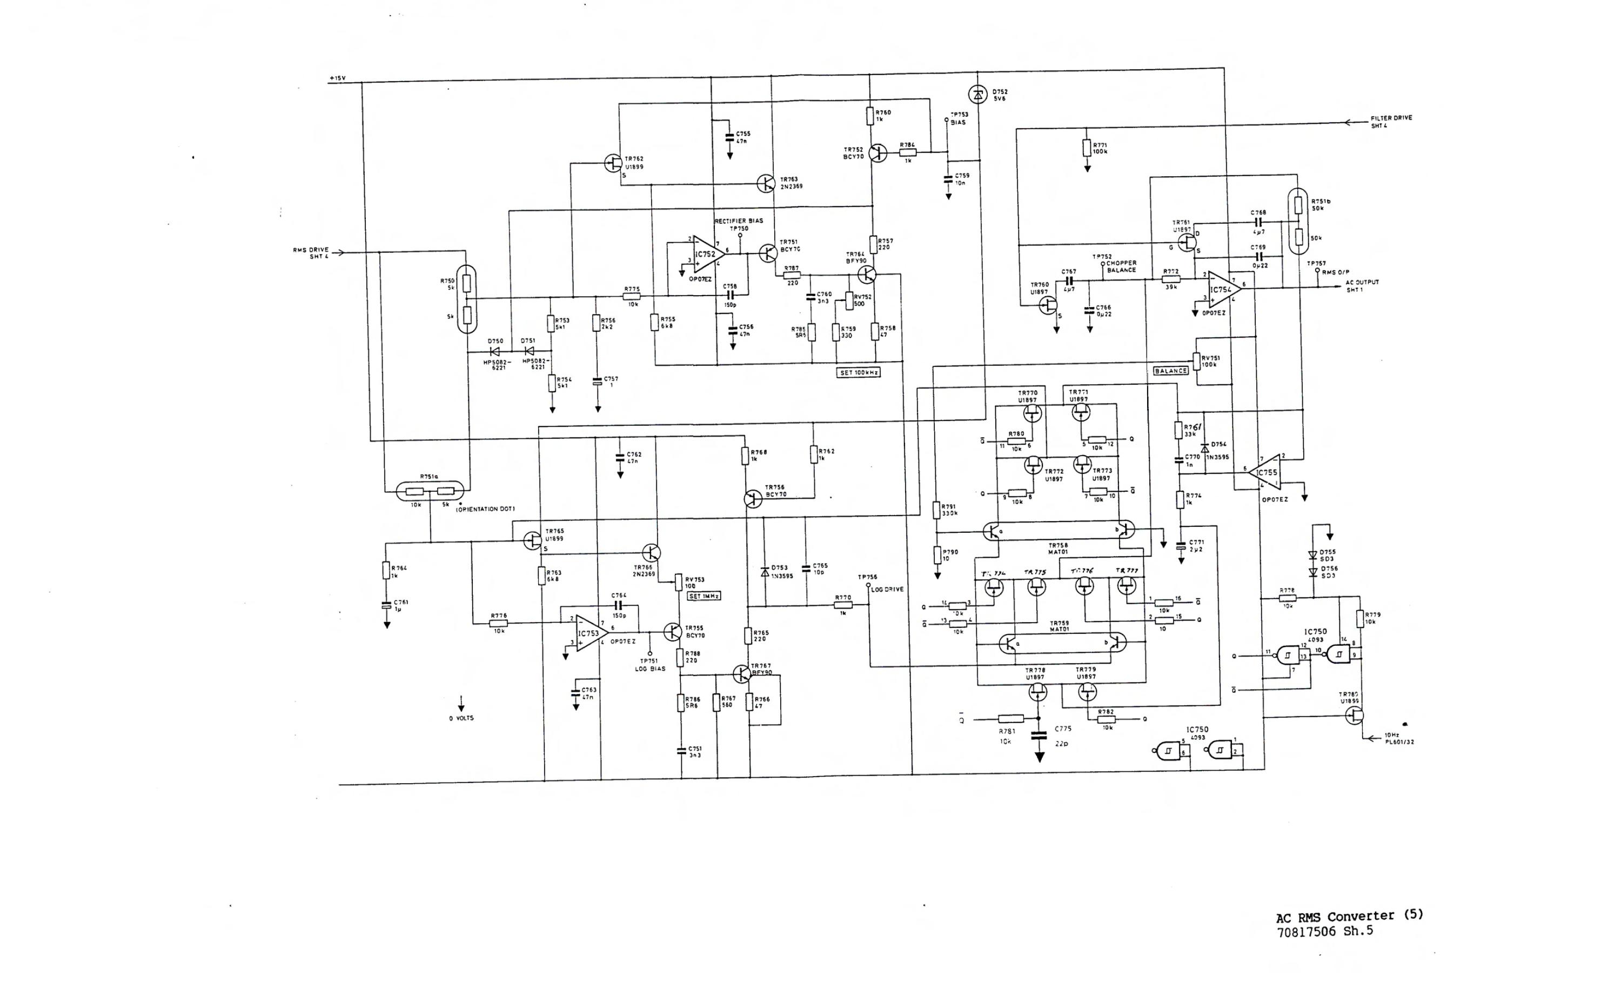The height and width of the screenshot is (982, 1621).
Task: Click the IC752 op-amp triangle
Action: coord(707,254)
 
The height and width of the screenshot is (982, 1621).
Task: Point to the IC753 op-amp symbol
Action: coord(590,633)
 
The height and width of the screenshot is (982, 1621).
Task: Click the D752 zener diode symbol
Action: coord(977,95)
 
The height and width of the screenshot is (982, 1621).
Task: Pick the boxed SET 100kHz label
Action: coord(859,372)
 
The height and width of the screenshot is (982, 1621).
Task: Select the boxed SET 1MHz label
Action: coord(704,596)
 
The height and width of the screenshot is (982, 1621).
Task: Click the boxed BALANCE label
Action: coord(1170,371)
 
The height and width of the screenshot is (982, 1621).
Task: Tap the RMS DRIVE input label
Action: coord(311,253)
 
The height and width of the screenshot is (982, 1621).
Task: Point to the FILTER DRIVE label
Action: coord(1391,121)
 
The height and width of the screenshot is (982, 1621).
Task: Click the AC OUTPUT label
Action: coord(1362,286)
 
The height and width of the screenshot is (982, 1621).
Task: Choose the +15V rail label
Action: coord(337,78)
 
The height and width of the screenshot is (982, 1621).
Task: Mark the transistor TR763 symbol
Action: coord(766,183)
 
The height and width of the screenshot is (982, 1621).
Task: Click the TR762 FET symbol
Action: coord(613,163)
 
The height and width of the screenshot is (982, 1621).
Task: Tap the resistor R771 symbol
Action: coord(1087,148)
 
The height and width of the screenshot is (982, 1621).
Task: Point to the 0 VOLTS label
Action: coord(461,718)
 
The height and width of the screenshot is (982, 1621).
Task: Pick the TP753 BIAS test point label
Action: coord(959,118)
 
